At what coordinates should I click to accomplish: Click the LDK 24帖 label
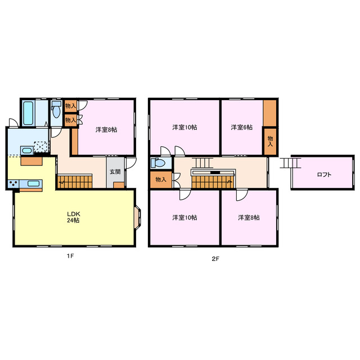point(73,217)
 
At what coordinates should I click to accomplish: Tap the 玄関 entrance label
point(115,171)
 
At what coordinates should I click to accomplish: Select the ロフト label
point(324,174)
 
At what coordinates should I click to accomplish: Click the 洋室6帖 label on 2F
point(241,128)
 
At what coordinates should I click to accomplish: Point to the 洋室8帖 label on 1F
point(106,130)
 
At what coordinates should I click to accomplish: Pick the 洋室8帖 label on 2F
point(248,217)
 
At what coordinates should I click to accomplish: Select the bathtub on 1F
point(29,113)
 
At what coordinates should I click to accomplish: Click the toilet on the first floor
point(56,111)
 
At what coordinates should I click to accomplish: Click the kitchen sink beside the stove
point(33,183)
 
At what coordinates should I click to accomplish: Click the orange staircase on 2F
point(212,181)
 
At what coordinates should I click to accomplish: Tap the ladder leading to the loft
point(291,163)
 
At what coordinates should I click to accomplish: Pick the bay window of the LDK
point(138,218)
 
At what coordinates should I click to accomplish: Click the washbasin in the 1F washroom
point(25,150)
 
